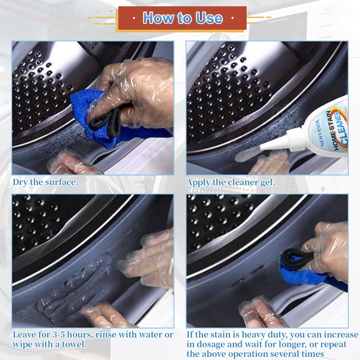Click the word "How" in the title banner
157,18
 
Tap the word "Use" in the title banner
208,18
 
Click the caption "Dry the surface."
45,182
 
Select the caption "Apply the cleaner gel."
230,182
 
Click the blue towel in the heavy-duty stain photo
301,272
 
